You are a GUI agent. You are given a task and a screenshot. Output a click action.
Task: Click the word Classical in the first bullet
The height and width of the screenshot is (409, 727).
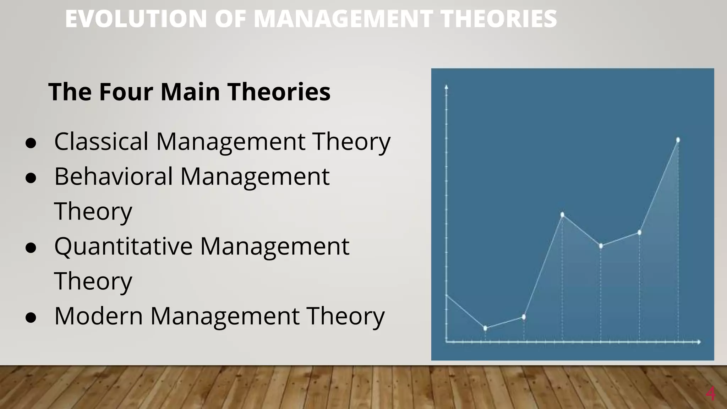pos(101,141)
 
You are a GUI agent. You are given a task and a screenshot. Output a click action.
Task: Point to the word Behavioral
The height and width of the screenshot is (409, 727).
pos(113,176)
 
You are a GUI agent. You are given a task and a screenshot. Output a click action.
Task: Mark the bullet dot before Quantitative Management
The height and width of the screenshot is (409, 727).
pos(31,248)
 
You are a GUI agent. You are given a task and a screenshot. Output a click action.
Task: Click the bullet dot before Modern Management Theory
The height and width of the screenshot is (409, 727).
pos(31,317)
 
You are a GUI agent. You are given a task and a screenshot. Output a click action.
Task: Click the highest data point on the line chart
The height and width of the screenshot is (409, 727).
pos(678,140)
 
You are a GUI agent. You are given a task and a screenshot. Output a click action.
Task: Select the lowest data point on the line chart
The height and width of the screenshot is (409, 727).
pos(485,328)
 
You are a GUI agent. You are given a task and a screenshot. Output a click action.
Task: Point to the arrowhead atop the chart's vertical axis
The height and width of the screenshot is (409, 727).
pos(447,86)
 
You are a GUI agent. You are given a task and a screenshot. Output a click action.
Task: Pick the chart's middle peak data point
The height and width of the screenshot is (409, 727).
pos(562,214)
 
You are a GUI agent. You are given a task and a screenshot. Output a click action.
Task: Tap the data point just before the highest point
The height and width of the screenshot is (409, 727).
pos(639,233)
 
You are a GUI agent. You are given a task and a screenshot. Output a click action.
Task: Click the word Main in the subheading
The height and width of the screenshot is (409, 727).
pos(190,92)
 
